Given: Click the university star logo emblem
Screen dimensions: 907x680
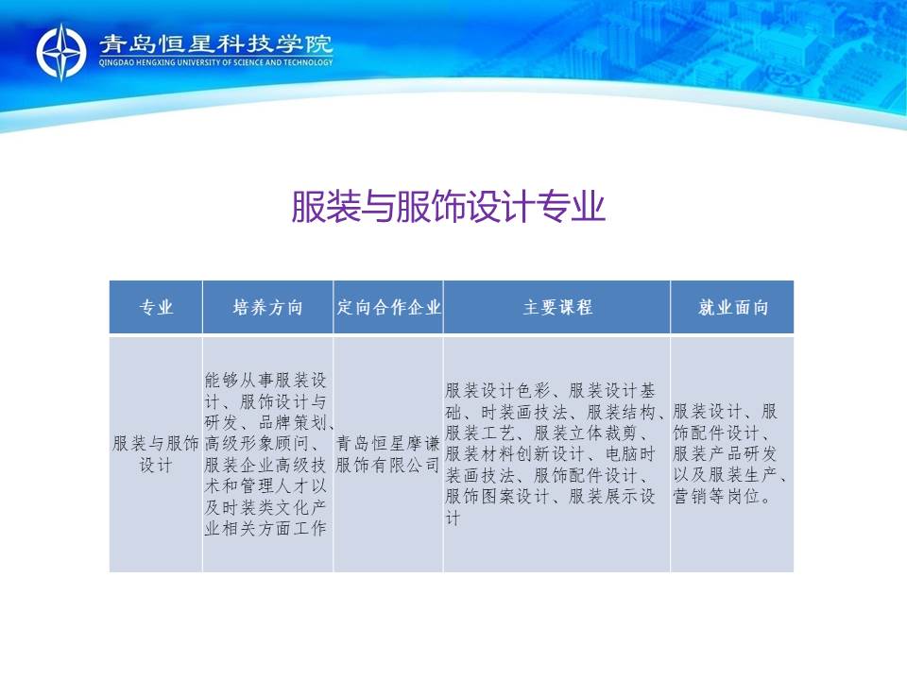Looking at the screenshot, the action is pos(61,52).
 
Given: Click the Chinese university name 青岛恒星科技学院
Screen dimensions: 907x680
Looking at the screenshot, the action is pos(215,44).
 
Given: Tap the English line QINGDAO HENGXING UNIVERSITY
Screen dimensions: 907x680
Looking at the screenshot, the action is pos(215,62).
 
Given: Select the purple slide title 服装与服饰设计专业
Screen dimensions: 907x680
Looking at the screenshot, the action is pos(448,207).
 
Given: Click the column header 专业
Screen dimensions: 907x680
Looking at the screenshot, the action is pos(156,307).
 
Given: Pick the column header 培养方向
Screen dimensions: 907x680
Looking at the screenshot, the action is pos(267,307).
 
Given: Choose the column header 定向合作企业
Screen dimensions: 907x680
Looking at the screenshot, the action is pos(388,307).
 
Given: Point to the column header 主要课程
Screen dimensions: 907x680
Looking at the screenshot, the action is pos(557,307).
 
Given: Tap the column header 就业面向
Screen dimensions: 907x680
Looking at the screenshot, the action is pos(733,307).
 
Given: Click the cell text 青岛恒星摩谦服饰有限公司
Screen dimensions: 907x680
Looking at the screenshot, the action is pos(388,454).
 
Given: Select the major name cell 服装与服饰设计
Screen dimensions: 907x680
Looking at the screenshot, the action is pos(156,454).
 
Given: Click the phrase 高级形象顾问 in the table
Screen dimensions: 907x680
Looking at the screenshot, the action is pos(257,444).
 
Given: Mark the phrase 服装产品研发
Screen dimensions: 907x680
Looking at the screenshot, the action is pos(725,454).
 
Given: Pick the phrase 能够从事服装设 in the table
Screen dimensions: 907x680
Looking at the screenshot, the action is pos(265,380).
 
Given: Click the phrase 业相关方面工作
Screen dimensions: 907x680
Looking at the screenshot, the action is pos(265,528).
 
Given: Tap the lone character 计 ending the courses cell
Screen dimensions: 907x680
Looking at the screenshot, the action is pos(453,518).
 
